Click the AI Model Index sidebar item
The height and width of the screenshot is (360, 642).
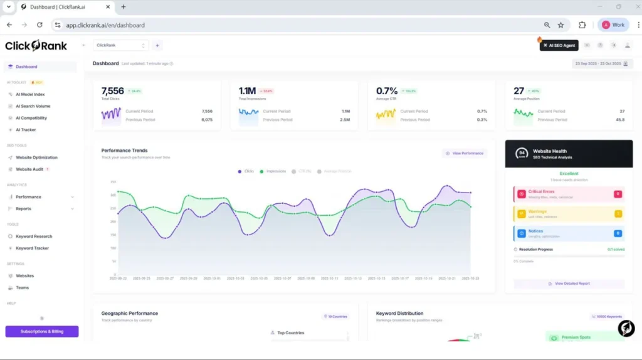point(30,94)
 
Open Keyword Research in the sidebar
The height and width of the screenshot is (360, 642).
point(34,236)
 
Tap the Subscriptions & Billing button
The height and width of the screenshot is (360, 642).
point(42,331)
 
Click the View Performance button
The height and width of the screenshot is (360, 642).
point(465,153)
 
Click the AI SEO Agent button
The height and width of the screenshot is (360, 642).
point(559,45)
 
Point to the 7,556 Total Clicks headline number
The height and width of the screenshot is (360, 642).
point(113,91)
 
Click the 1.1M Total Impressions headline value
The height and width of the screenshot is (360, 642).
point(247,91)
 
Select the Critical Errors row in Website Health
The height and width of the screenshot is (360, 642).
point(567,194)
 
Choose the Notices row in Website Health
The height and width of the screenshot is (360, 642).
point(567,233)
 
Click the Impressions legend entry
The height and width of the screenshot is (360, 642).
point(273,171)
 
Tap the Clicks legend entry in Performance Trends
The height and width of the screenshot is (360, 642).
point(246,171)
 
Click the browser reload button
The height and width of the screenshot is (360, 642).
point(39,25)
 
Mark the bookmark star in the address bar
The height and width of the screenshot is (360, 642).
point(560,25)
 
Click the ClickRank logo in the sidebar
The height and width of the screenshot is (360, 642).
point(36,45)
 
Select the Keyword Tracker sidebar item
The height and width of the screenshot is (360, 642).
point(32,248)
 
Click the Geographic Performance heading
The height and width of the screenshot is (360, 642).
point(130,313)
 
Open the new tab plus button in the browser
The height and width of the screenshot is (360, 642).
point(124,7)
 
